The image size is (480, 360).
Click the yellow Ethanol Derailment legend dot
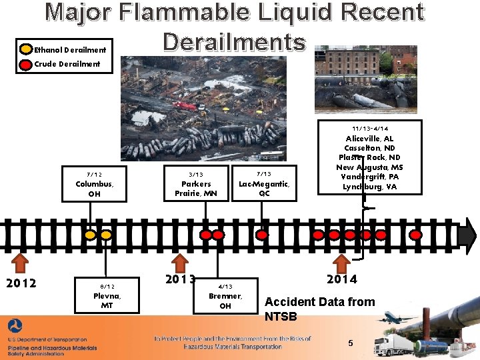[x=26, y=49]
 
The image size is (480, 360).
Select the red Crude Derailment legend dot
[x=26, y=64]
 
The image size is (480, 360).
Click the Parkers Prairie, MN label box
[x=196, y=184]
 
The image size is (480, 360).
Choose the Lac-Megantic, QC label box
[x=264, y=184]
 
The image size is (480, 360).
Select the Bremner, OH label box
[x=225, y=295]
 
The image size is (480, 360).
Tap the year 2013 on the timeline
[x=181, y=279]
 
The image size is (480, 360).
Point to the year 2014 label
[x=341, y=279]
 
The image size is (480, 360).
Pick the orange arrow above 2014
[x=341, y=261]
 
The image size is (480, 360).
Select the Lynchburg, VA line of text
[x=370, y=187]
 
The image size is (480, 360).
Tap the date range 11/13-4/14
[x=370, y=129]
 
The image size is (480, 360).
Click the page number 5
[x=351, y=343]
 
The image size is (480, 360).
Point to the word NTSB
[x=281, y=316]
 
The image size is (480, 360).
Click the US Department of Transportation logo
[x=15, y=327]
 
